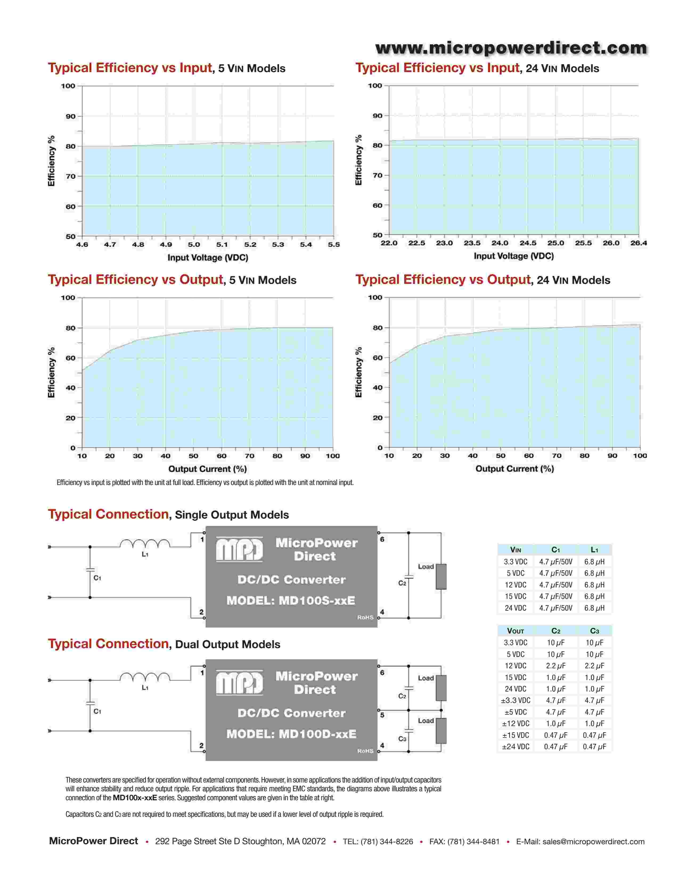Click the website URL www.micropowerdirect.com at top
(511, 48)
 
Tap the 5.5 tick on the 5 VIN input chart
(333, 245)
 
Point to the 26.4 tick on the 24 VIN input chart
(638, 243)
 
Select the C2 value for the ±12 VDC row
(555, 724)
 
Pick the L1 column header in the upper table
(594, 550)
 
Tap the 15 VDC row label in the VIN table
(515, 596)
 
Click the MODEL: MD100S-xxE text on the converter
(291, 600)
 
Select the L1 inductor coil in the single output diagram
(145, 544)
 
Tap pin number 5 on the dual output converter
(382, 715)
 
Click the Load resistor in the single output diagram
(441, 577)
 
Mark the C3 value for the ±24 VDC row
(594, 747)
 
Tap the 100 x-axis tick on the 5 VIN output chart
(333, 456)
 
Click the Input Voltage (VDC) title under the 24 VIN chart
(514, 256)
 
